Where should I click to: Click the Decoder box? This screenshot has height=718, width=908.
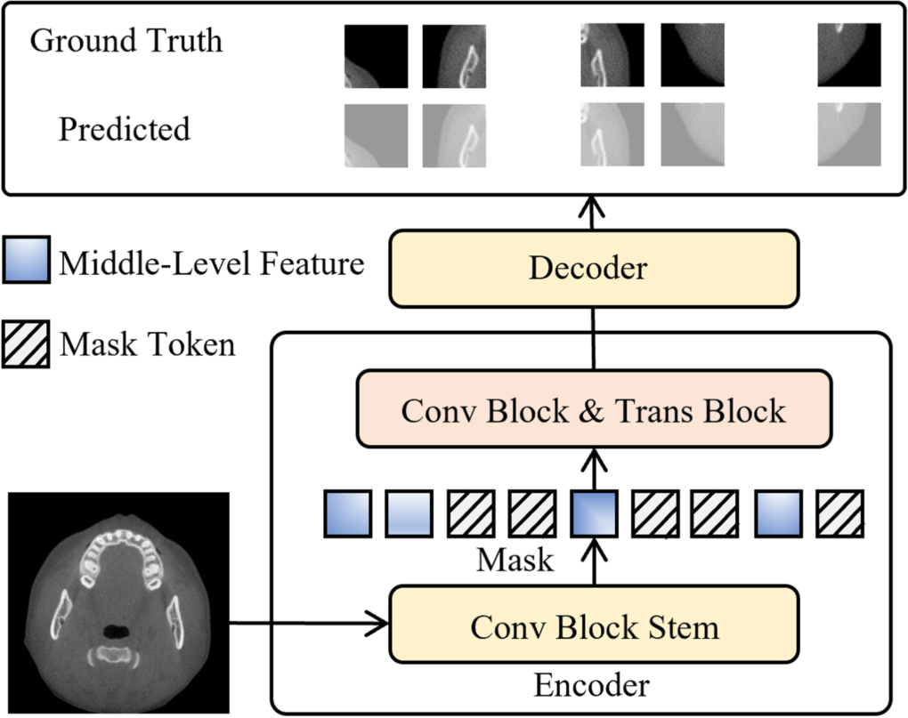pos(592,269)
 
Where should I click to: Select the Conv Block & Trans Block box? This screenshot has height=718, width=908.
pos(594,410)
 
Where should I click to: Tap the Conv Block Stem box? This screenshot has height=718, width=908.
pos(594,627)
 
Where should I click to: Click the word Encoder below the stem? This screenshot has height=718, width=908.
pos(591,686)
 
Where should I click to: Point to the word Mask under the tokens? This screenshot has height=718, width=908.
pos(515,561)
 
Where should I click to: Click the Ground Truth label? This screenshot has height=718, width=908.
pos(126,41)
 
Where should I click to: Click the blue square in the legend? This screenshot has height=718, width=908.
pos(26,264)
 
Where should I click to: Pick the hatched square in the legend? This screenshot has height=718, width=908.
pos(26,343)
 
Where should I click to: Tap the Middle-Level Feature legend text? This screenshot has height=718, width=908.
pos(212,264)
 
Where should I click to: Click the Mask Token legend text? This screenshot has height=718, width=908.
pos(148,343)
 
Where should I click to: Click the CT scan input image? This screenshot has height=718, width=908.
pos(118,602)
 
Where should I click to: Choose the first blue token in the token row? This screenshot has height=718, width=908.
pos(347,514)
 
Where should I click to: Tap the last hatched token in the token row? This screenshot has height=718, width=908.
pos(840,514)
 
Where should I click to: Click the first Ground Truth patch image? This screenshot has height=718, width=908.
pos(376,55)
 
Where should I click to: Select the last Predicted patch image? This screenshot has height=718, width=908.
pos(848,134)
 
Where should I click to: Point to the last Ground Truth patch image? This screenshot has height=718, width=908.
pos(848,55)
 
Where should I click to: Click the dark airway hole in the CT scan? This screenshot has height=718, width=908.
pos(116,630)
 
